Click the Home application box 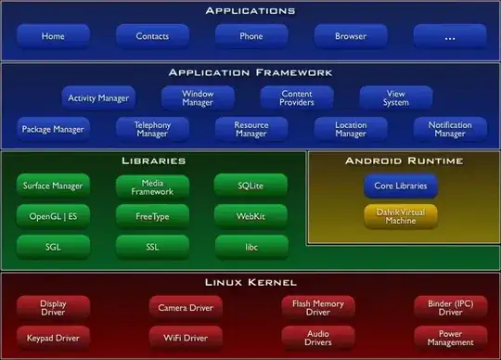(53, 36)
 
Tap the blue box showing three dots (449, 36)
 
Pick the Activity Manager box (98, 96)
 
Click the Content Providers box (296, 96)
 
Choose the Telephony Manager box (151, 128)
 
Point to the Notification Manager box (449, 128)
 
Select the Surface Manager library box (53, 185)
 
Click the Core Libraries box (400, 186)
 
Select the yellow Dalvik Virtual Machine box (400, 216)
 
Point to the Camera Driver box (185, 306)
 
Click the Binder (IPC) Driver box (449, 306)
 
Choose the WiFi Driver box (185, 336)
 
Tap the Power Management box (449, 336)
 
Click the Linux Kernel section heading (250, 281)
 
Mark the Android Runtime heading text (403, 161)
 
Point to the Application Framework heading (250, 71)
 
